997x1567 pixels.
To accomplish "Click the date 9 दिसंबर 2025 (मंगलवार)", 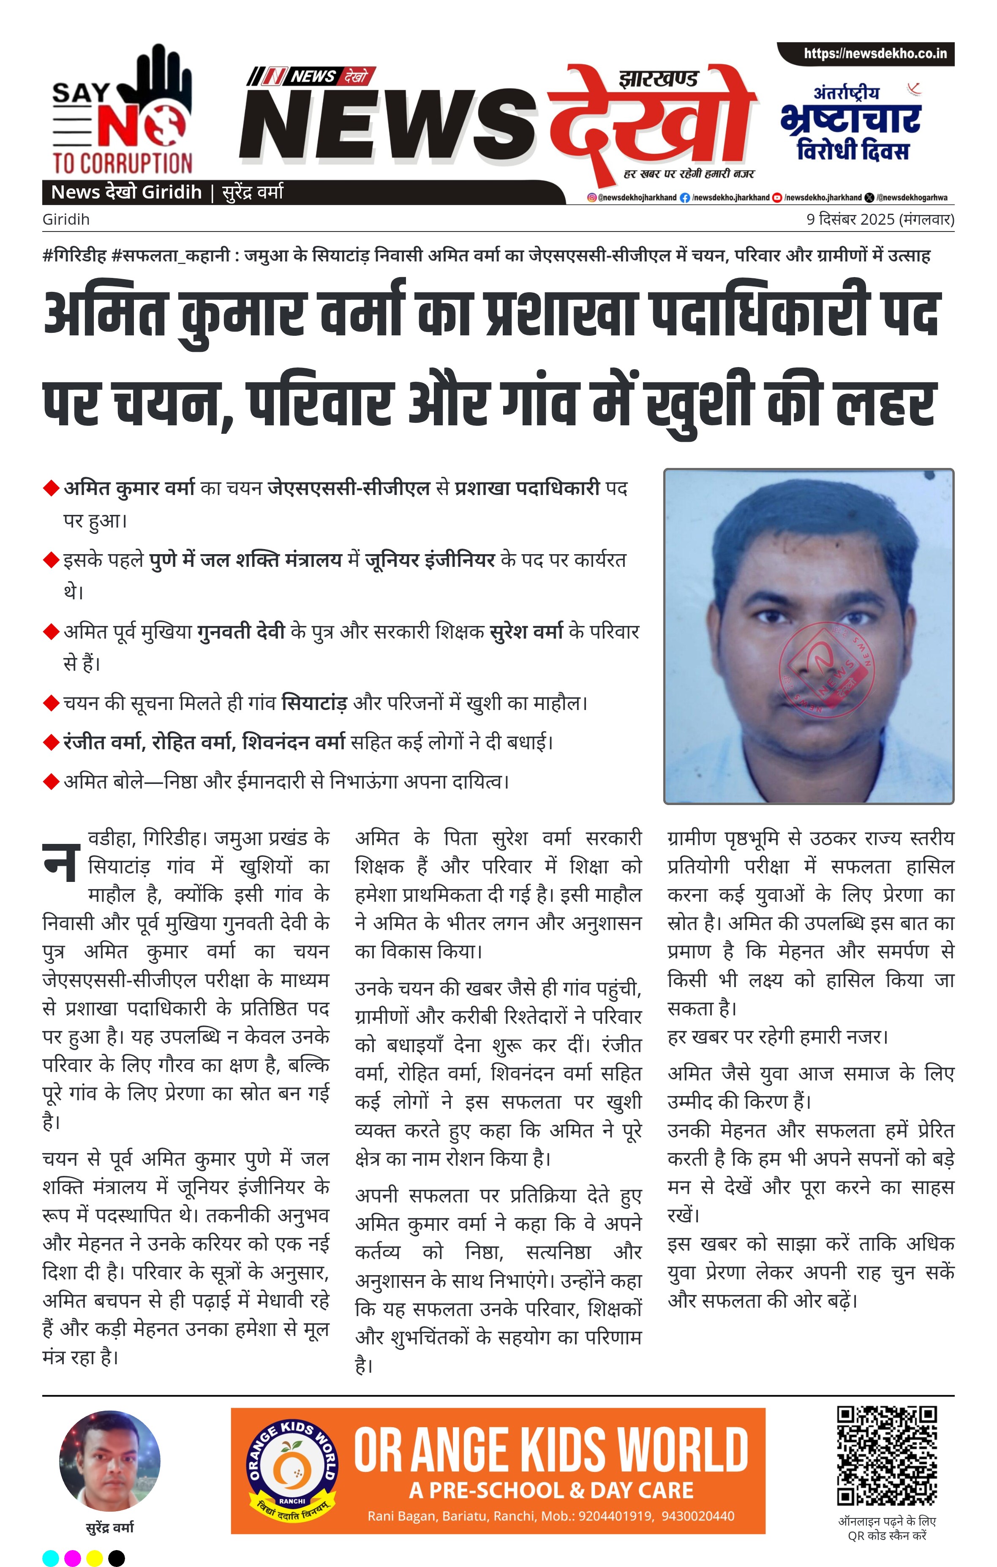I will tap(880, 219).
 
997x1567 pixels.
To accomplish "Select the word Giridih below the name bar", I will tap(66, 219).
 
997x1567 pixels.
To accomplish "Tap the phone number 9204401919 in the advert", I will tap(615, 1516).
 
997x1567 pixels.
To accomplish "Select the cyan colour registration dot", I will tap(51, 1558).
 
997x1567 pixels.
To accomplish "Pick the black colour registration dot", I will tap(117, 1558).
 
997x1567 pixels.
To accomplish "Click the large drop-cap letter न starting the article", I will tap(62, 862).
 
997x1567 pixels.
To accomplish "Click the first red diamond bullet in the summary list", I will tap(51, 488).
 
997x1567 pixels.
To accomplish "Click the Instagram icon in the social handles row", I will tap(591, 197).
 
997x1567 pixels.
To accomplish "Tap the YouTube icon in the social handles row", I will tap(777, 197).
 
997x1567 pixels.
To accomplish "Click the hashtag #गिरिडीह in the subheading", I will tap(74, 256).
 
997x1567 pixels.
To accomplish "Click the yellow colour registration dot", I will tap(94, 1558).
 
